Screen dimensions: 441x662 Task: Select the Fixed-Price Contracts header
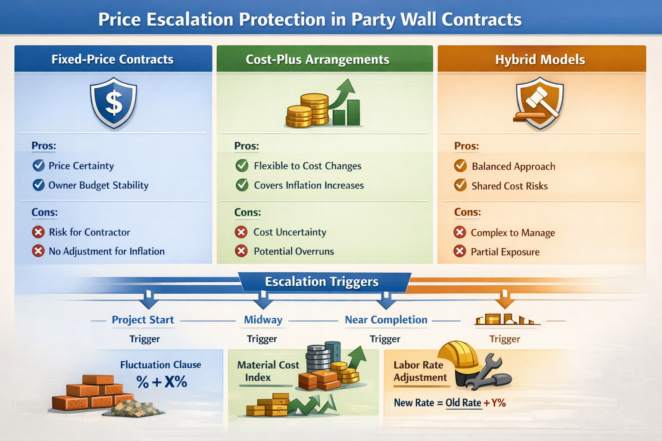tap(112, 59)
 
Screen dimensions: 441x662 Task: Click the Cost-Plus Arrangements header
tap(318, 59)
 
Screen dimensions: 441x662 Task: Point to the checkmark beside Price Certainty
tap(39, 165)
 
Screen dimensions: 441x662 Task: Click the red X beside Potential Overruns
tap(241, 251)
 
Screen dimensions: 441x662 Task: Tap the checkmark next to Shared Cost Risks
tap(460, 186)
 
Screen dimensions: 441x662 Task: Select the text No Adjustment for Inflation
tap(106, 251)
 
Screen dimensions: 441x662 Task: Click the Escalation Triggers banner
tap(322, 282)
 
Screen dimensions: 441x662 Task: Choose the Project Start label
tap(143, 320)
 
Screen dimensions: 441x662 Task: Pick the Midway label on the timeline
tap(263, 320)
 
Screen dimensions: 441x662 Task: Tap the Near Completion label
tap(386, 320)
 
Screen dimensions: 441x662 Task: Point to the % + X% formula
tap(162, 382)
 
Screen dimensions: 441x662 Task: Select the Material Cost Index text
tap(267, 371)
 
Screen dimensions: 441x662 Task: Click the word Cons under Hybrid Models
tap(467, 212)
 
